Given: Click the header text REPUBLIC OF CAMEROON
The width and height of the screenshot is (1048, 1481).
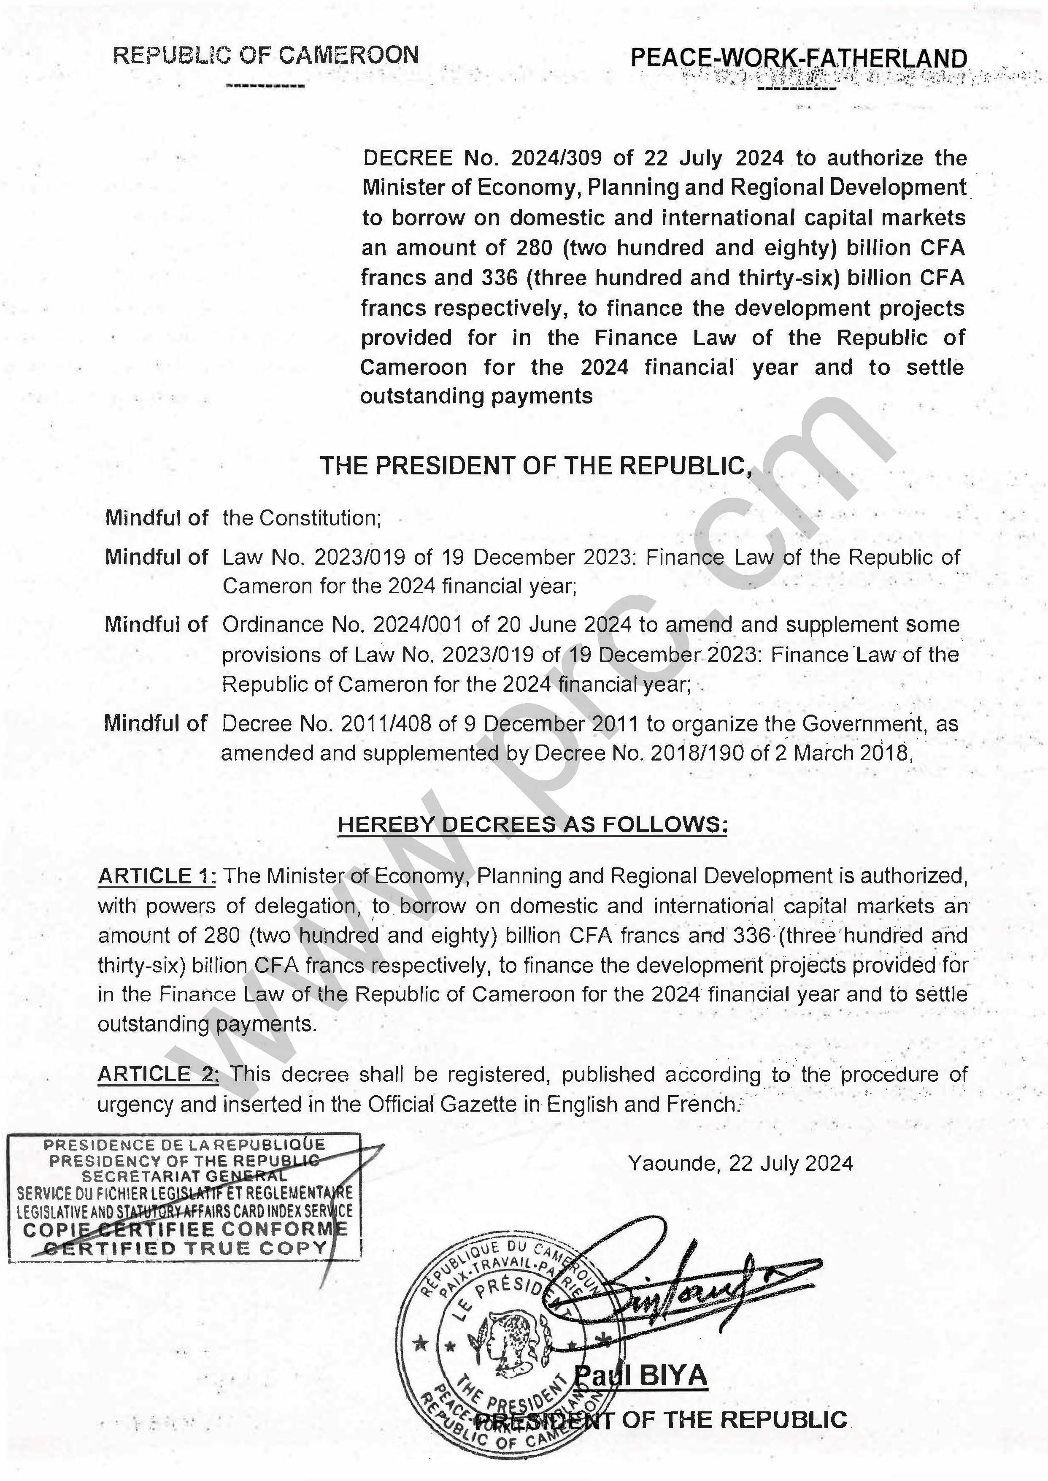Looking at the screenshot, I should click(266, 56).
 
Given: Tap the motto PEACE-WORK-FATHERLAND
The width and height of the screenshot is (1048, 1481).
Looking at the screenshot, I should click(798, 58).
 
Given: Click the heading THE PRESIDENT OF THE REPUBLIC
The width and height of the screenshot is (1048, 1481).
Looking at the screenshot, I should click(536, 466).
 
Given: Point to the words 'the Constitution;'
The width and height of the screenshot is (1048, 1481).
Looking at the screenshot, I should click(302, 518).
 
